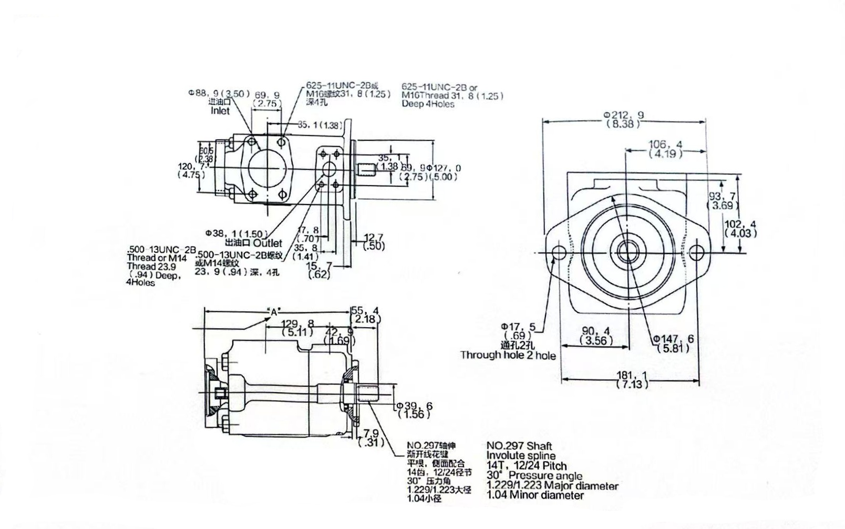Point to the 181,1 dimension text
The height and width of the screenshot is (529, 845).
click(x=632, y=375)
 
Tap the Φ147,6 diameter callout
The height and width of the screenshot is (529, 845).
click(x=673, y=339)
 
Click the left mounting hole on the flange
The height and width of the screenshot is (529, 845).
click(x=559, y=253)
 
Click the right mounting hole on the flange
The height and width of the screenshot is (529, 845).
click(x=696, y=253)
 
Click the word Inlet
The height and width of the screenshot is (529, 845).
click(x=220, y=111)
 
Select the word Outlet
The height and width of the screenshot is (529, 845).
click(x=267, y=243)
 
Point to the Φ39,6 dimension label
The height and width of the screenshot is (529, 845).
click(x=415, y=406)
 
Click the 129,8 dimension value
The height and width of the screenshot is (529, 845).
click(x=297, y=323)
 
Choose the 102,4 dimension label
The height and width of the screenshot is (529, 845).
click(x=740, y=224)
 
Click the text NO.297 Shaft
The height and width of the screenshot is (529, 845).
click(x=519, y=446)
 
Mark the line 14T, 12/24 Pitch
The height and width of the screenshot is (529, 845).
click(x=527, y=466)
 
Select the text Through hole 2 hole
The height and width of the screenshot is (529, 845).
click(x=508, y=355)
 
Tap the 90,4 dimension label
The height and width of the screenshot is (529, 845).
click(x=596, y=331)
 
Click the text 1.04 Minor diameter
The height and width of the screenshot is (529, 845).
click(x=535, y=495)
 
